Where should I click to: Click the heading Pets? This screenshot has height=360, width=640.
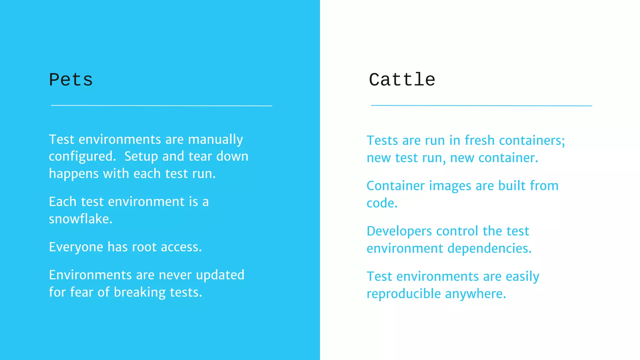point(71,80)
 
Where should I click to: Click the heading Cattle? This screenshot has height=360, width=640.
point(402,80)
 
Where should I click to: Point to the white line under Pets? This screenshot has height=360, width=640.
point(162,106)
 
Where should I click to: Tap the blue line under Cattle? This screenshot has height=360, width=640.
point(481,106)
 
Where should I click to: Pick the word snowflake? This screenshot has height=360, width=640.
point(80,219)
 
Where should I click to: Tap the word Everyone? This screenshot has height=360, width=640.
point(76,247)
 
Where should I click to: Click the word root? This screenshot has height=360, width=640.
point(144,247)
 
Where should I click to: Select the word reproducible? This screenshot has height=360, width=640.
point(403,294)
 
